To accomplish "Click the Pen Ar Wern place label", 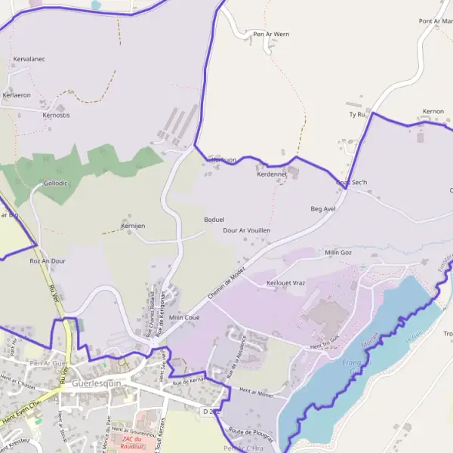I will click(271, 34).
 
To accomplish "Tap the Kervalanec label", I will click(29, 58).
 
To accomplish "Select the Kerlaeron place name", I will click(17, 95).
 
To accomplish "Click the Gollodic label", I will click(56, 183).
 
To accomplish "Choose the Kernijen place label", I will click(133, 226).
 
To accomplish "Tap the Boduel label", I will click(214, 220).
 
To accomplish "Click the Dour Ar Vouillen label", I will click(247, 230).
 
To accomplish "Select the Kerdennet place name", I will click(272, 174).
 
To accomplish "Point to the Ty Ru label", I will click(356, 114).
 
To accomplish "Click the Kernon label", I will click(433, 111).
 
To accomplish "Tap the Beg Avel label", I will click(322, 208).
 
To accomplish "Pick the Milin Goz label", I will click(338, 252).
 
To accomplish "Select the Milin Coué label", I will click(184, 318).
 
